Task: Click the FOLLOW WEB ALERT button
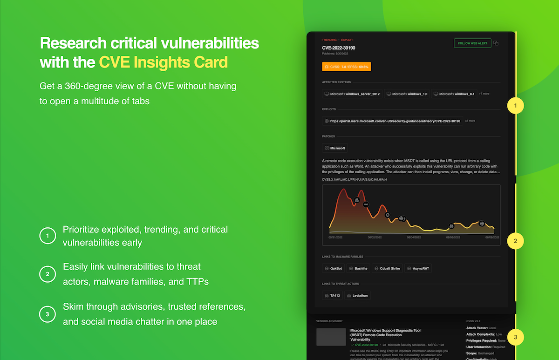point(472,43)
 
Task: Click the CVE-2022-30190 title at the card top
point(339,48)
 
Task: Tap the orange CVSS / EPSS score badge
point(346,67)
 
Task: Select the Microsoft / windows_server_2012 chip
point(352,94)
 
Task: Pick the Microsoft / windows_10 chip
point(406,94)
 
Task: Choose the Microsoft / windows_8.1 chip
point(454,94)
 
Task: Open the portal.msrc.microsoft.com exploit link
point(392,121)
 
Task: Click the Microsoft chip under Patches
point(334,148)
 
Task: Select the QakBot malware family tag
point(333,269)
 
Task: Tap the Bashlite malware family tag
point(358,269)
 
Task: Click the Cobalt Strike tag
point(387,269)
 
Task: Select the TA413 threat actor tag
point(332,295)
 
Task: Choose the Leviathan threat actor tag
point(357,295)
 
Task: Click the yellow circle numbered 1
point(515,106)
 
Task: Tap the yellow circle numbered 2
point(515,241)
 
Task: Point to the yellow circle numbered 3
point(515,337)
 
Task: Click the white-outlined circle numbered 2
point(48,275)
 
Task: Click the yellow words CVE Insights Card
point(163,62)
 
